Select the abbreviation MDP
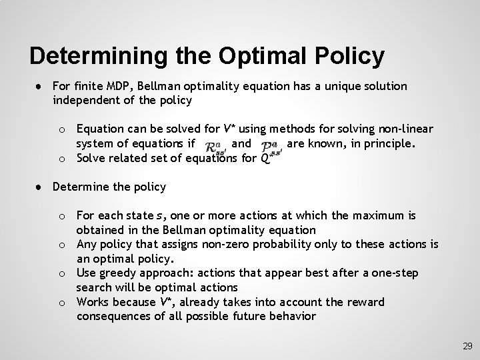126,87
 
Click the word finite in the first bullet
91,87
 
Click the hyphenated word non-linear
407,128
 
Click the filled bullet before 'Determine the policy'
41,187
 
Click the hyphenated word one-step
387,273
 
